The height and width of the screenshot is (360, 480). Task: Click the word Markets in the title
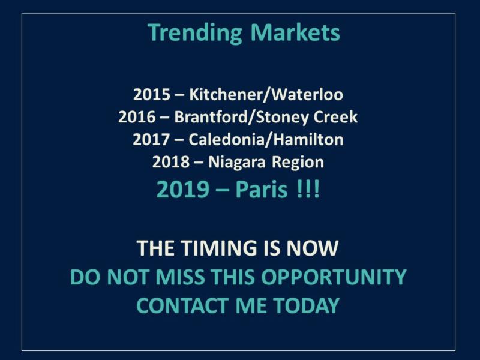(295, 32)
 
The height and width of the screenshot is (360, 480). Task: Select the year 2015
(152, 94)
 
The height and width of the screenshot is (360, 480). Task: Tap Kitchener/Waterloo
(266, 94)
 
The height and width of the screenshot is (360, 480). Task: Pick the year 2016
(137, 117)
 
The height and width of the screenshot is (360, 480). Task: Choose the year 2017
(151, 140)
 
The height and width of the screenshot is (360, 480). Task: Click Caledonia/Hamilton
(266, 139)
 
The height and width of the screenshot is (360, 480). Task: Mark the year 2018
(170, 162)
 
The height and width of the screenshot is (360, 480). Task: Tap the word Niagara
(237, 163)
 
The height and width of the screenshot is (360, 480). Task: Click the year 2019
(183, 190)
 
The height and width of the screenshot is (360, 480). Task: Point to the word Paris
(262, 190)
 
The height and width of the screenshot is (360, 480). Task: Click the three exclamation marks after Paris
(308, 190)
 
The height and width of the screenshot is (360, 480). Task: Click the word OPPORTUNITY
(334, 277)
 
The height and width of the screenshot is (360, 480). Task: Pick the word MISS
(179, 277)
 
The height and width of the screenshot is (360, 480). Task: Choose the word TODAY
(307, 305)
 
